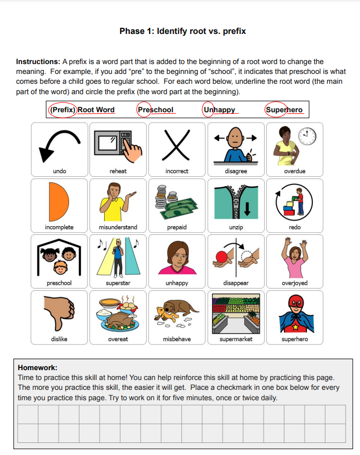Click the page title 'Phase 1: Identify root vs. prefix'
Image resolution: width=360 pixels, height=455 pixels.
pyautogui.click(x=182, y=31)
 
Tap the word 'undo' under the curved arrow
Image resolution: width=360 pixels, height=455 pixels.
pyautogui.click(x=59, y=171)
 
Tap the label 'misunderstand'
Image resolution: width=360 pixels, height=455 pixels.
pyautogui.click(x=118, y=227)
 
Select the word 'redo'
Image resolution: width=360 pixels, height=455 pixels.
pyautogui.click(x=295, y=227)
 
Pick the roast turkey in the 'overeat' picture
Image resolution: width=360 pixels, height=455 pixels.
pyautogui.click(x=119, y=319)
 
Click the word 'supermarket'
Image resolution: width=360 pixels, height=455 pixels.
pyautogui.click(x=236, y=339)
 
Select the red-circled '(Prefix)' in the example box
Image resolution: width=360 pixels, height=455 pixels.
pyautogui.click(x=63, y=110)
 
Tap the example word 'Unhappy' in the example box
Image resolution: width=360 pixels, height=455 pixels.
pyautogui.click(x=219, y=110)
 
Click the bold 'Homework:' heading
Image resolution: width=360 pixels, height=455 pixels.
pyautogui.click(x=37, y=368)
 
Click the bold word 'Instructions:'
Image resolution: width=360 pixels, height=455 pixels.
pyautogui.click(x=38, y=62)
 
